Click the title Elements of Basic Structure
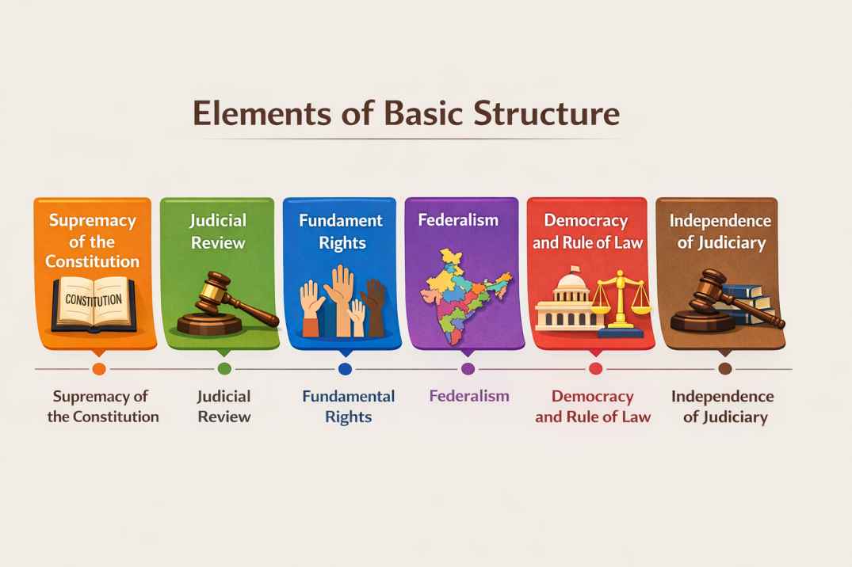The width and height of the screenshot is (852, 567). [407, 113]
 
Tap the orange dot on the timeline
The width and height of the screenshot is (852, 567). [99, 369]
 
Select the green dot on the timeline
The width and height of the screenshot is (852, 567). [224, 369]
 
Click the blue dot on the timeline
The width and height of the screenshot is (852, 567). [345, 369]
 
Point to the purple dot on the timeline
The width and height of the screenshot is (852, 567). [468, 369]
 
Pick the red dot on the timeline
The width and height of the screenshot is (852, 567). [595, 369]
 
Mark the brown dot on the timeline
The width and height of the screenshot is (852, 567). [725, 369]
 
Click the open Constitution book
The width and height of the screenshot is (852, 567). [94, 304]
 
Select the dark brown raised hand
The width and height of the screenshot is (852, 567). [376, 307]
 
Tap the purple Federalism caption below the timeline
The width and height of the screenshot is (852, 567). [469, 396]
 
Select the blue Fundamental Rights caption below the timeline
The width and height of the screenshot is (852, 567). [348, 406]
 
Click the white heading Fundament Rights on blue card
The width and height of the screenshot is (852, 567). [342, 231]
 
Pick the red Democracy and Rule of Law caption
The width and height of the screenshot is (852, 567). [593, 406]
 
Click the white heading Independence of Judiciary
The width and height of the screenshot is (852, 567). [720, 231]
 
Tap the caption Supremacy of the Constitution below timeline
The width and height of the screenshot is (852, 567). [103, 406]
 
